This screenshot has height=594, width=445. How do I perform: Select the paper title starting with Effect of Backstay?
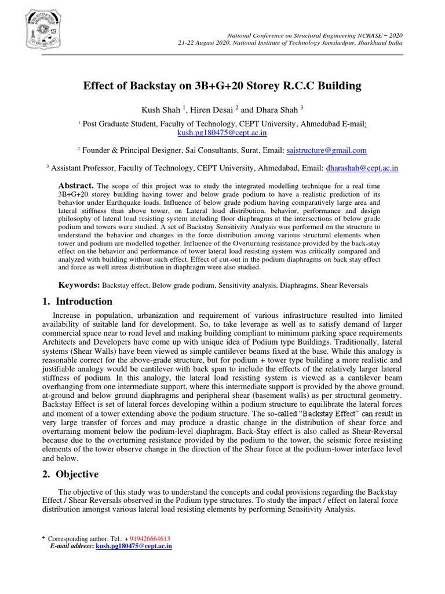click(222, 86)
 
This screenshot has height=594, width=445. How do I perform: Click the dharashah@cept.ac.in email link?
click(362, 168)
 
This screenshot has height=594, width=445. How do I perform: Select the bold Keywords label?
click(78, 285)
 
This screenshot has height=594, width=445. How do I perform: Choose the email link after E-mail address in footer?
click(133, 546)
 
